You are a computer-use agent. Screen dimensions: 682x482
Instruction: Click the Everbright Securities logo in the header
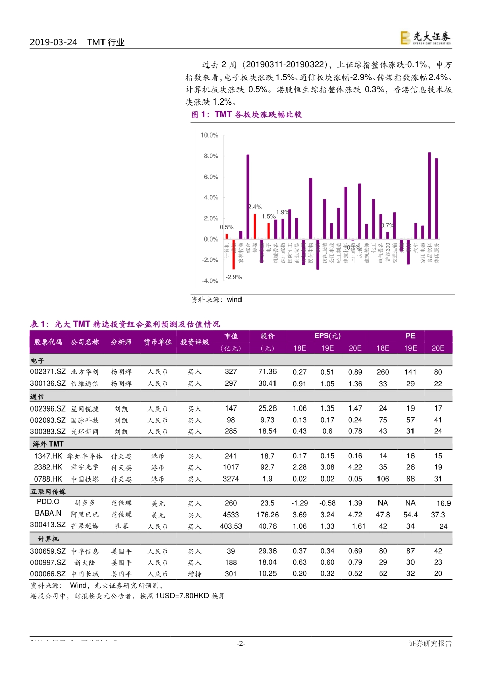(x=425, y=38)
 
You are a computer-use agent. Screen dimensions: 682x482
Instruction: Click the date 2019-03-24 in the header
(x=53, y=42)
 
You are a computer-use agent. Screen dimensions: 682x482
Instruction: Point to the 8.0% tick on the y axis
(x=210, y=156)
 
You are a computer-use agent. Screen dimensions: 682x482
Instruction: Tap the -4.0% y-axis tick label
(x=210, y=281)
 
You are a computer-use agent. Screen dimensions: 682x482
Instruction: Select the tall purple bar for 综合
(x=248, y=196)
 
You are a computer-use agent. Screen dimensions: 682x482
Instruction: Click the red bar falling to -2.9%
(x=234, y=254)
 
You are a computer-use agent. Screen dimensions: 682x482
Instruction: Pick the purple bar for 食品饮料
(x=429, y=195)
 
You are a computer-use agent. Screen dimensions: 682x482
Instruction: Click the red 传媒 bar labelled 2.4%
(x=255, y=226)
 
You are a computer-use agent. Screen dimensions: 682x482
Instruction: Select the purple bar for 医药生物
(x=311, y=208)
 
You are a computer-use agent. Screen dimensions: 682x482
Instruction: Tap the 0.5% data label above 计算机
(x=227, y=227)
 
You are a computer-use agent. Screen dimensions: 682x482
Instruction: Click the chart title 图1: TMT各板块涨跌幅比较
(x=247, y=115)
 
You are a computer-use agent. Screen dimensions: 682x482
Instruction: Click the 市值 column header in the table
(x=231, y=336)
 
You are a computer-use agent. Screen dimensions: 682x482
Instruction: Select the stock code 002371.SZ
(x=48, y=372)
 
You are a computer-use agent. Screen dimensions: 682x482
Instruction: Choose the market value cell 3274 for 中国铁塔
(x=231, y=479)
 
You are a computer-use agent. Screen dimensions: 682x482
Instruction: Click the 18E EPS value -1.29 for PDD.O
(x=299, y=503)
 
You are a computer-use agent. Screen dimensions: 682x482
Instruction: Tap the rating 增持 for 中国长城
(x=195, y=574)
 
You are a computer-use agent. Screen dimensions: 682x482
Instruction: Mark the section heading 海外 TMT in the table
(x=48, y=444)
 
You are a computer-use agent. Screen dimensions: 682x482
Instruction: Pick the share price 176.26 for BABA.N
(x=267, y=515)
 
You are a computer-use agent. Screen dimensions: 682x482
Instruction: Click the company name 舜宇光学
(x=85, y=467)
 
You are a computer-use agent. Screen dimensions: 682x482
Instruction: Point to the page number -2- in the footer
(x=241, y=644)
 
